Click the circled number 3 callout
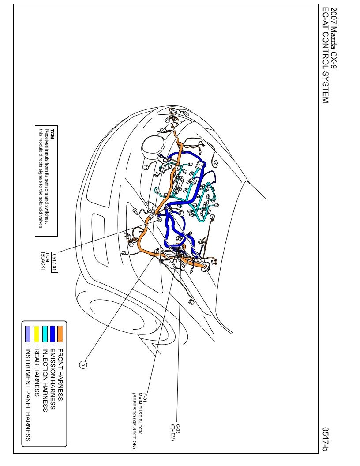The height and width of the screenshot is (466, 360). point(83,365)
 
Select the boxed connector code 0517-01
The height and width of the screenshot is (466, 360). point(55,263)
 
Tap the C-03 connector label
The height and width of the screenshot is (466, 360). point(178,428)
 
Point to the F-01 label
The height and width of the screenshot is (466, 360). point(146,398)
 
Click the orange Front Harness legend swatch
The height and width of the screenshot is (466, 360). point(60,334)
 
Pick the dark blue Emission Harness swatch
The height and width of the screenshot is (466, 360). point(52,334)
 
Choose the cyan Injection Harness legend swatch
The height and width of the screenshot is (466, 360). point(45,334)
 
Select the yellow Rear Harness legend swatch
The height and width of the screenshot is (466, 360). point(37,334)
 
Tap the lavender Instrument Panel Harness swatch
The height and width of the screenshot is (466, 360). point(28,334)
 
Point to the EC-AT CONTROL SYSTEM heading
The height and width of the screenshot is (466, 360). point(326,55)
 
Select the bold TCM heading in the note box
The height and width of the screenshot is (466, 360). point(52,134)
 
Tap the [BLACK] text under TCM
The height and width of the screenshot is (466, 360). point(43,261)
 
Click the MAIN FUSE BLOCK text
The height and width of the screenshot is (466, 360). point(140,413)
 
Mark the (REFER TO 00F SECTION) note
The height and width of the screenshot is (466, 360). point(134,421)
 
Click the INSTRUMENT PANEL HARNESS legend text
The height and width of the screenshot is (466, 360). point(28,395)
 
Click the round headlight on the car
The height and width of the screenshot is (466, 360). point(153,147)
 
